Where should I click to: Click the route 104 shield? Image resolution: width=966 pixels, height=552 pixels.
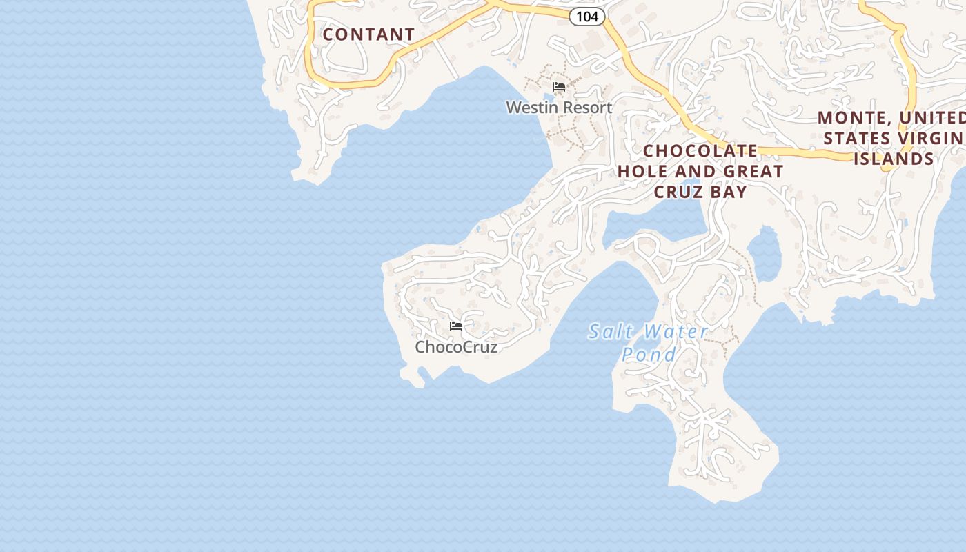(587, 17)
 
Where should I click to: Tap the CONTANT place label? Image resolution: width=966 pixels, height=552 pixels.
(369, 34)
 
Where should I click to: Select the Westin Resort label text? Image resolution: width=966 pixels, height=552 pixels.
(559, 108)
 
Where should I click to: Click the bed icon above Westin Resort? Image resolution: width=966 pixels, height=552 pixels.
(559, 87)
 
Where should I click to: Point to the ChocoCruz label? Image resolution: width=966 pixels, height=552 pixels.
(456, 347)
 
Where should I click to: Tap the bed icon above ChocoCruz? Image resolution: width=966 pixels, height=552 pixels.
(456, 326)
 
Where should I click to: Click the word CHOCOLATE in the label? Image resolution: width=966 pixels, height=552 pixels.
(700, 151)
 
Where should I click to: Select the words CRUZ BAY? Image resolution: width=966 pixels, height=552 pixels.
(700, 192)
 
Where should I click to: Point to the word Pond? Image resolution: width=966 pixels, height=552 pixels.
(649, 355)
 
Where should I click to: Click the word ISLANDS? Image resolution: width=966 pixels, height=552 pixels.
(894, 159)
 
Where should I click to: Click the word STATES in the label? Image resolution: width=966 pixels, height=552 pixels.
(856, 139)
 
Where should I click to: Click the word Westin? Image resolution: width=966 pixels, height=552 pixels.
(530, 108)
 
